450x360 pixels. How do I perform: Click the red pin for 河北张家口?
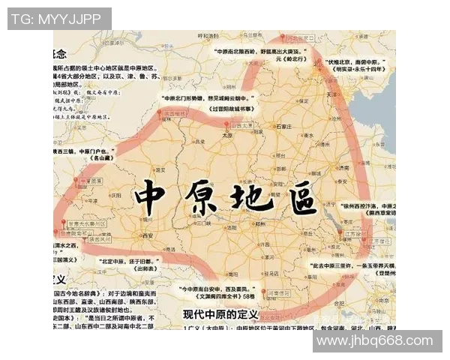click(x=283, y=37)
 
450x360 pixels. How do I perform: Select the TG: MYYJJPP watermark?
click(x=59, y=18)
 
